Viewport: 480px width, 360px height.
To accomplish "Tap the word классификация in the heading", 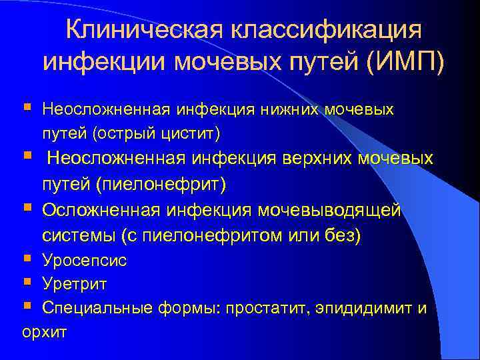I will point(326,31).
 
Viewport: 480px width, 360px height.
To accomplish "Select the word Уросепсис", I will point(84,260).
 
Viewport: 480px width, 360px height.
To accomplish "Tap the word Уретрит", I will point(75,284).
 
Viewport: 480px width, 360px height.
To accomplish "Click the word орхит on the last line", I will point(44,332).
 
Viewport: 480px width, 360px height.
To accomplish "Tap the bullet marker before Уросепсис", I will point(27,258).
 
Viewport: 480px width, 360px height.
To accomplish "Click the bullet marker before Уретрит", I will point(27,283).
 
